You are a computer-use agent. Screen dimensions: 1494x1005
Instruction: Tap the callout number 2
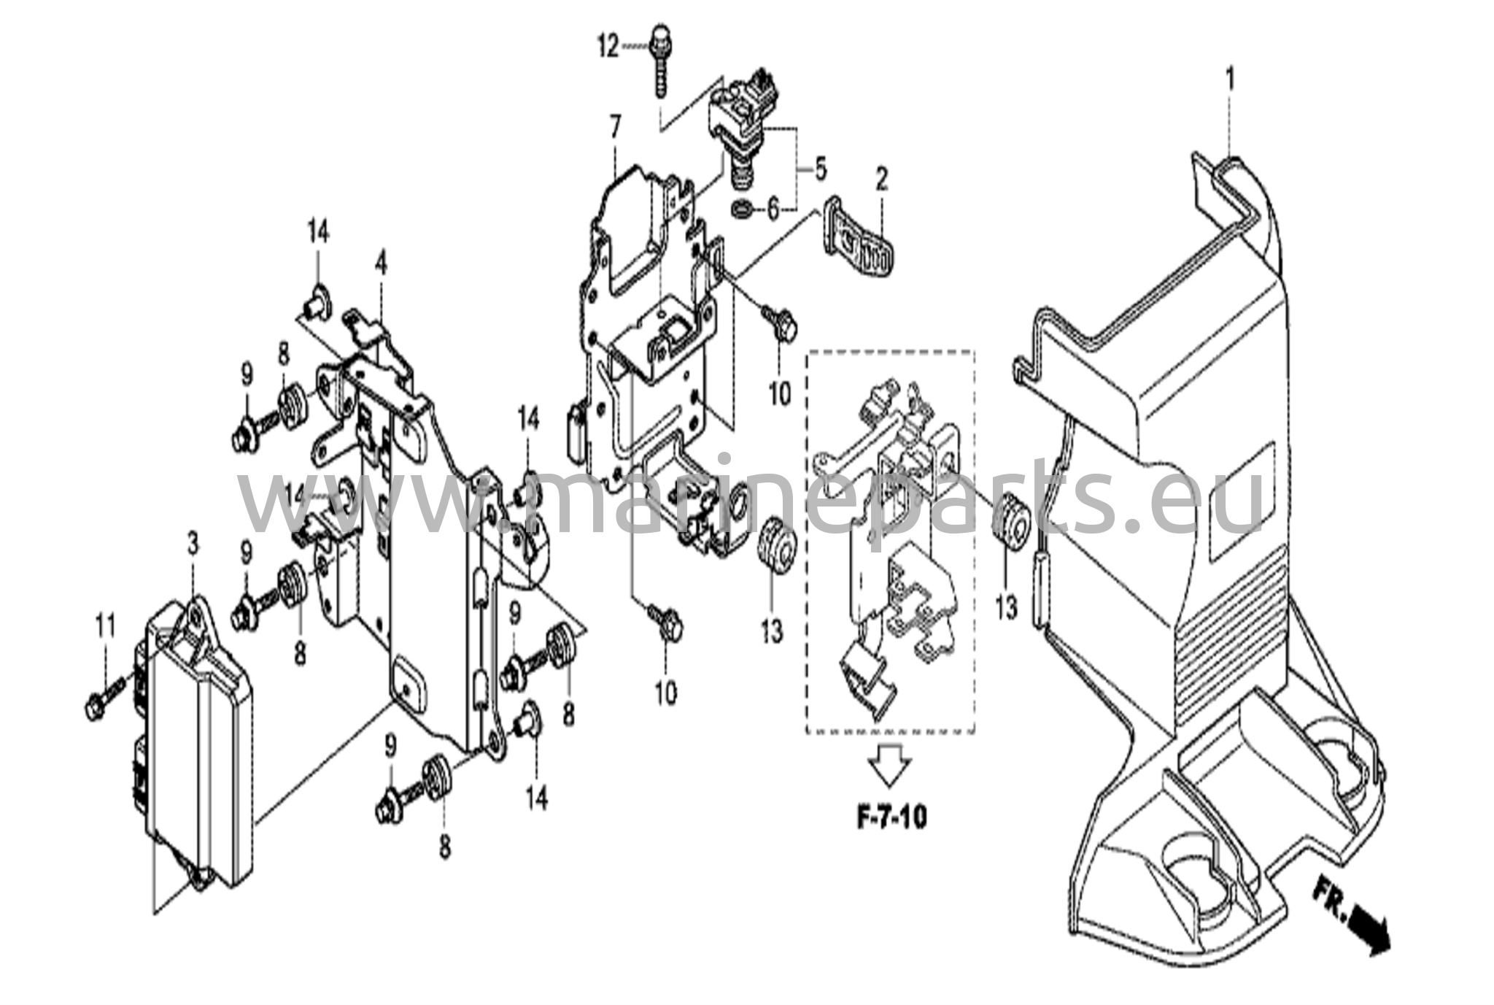[x=881, y=179]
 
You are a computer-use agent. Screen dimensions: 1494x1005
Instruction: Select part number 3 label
[x=193, y=544]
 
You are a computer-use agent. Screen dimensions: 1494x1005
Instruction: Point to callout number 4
[x=380, y=264]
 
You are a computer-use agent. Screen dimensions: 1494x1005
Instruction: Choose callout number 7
[x=616, y=128]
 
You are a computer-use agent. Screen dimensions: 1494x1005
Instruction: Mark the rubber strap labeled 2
[x=858, y=236]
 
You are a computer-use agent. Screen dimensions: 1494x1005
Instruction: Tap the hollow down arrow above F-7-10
[x=890, y=766]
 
